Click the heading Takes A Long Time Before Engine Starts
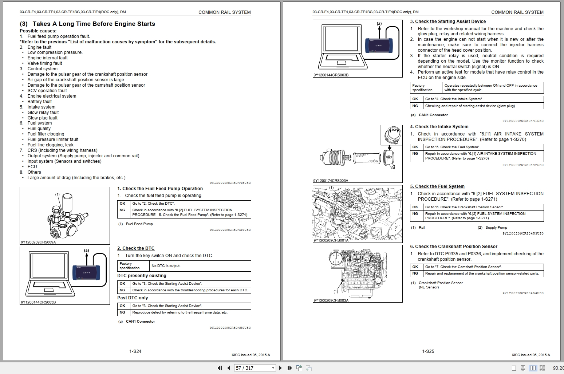point(94,24)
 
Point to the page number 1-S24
point(135,351)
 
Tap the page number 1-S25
point(428,351)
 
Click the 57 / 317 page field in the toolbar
point(255,368)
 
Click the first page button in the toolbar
point(220,368)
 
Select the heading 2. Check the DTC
point(136,248)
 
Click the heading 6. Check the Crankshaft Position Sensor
point(454,247)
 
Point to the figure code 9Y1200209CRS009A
point(38,242)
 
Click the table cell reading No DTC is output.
point(166,266)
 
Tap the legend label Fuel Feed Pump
point(139,224)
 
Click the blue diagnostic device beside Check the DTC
point(86,272)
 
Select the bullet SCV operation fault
point(47,91)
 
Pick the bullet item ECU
point(32,167)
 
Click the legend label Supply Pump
point(496,228)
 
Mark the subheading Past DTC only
point(133,298)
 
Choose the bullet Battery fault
point(40,102)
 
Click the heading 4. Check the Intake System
point(439,127)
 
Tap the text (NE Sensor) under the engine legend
point(429,287)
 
